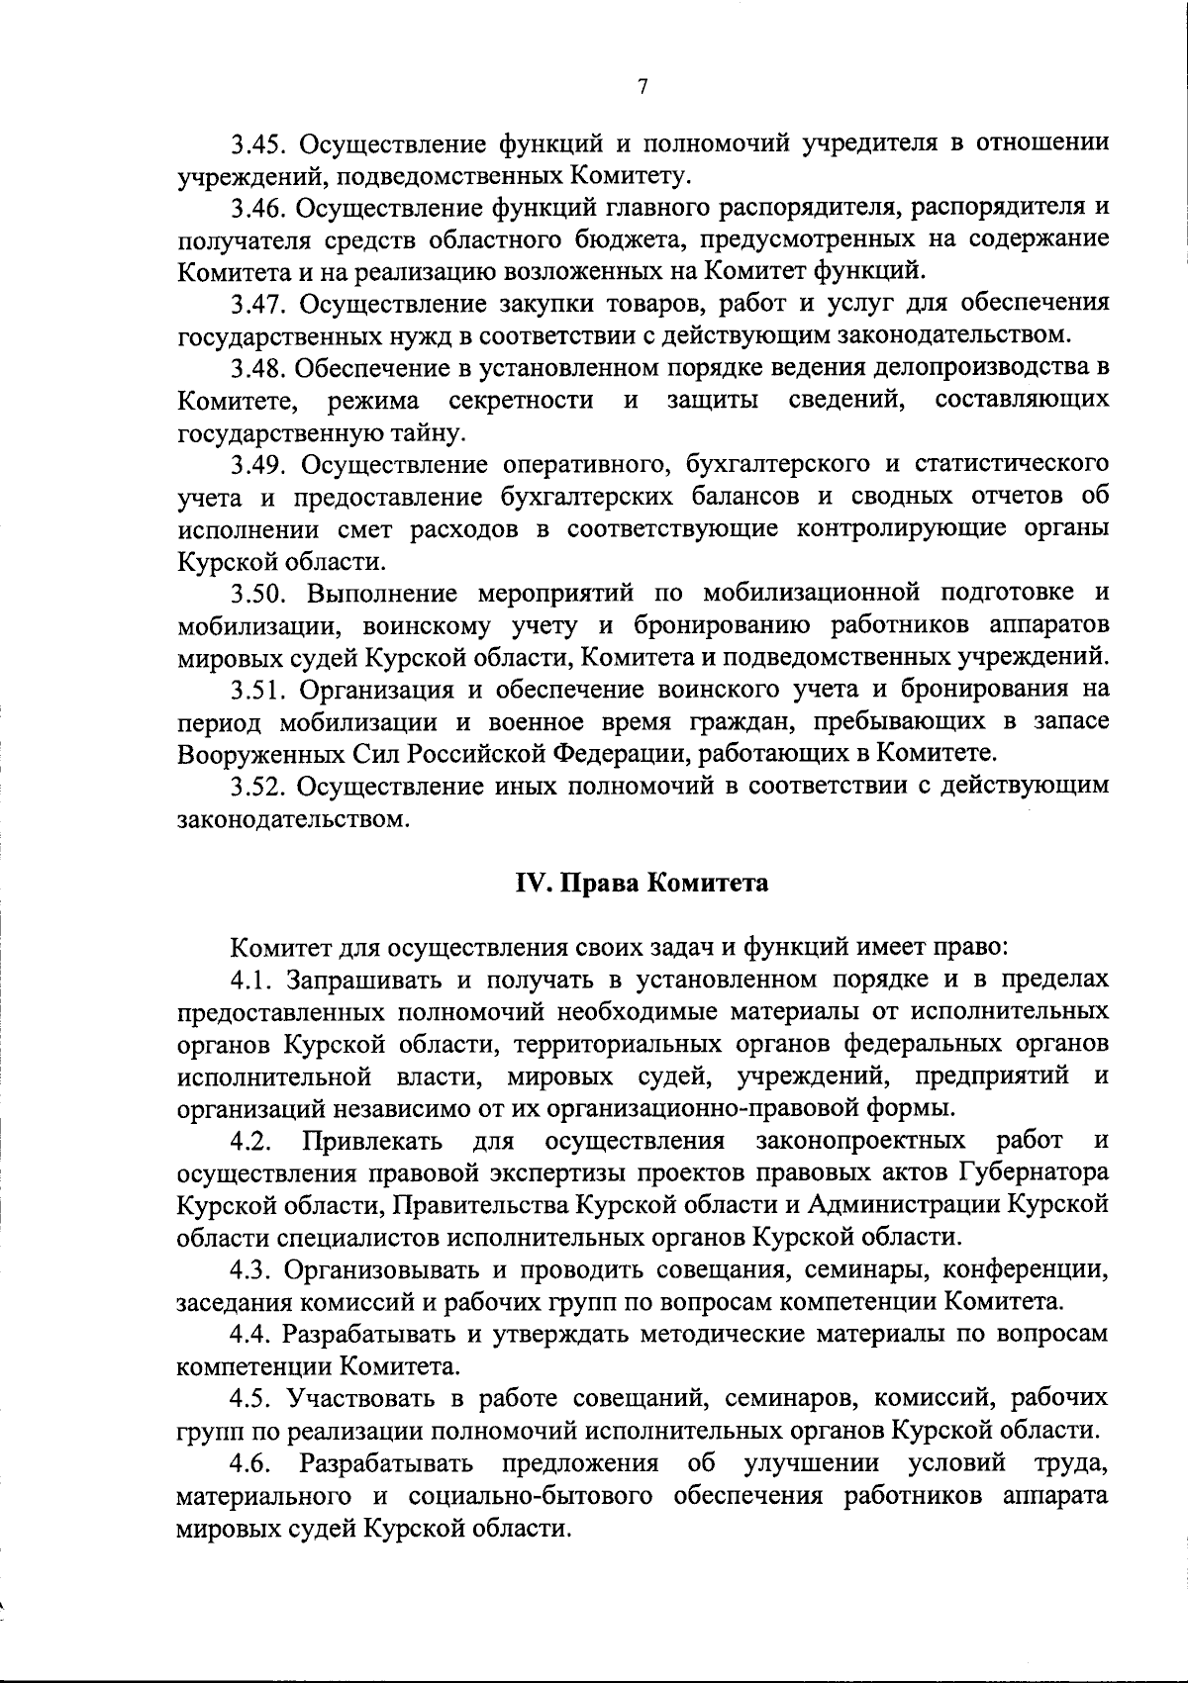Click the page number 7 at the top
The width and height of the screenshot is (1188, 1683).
pos(643,87)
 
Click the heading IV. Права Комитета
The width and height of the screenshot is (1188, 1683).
pos(642,883)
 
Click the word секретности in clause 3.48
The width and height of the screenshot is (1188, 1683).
pos(522,401)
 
